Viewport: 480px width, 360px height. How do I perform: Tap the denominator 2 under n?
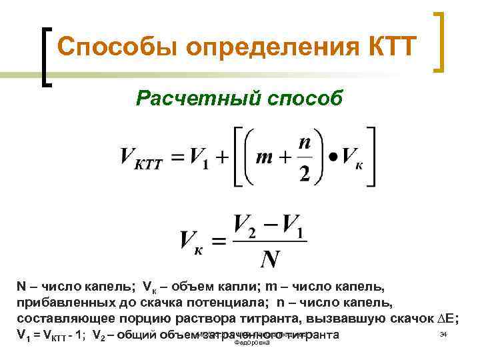point(305,173)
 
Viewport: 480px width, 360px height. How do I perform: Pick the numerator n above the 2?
point(305,143)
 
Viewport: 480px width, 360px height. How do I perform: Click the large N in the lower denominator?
point(269,257)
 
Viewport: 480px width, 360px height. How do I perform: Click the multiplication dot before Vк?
point(331,158)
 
